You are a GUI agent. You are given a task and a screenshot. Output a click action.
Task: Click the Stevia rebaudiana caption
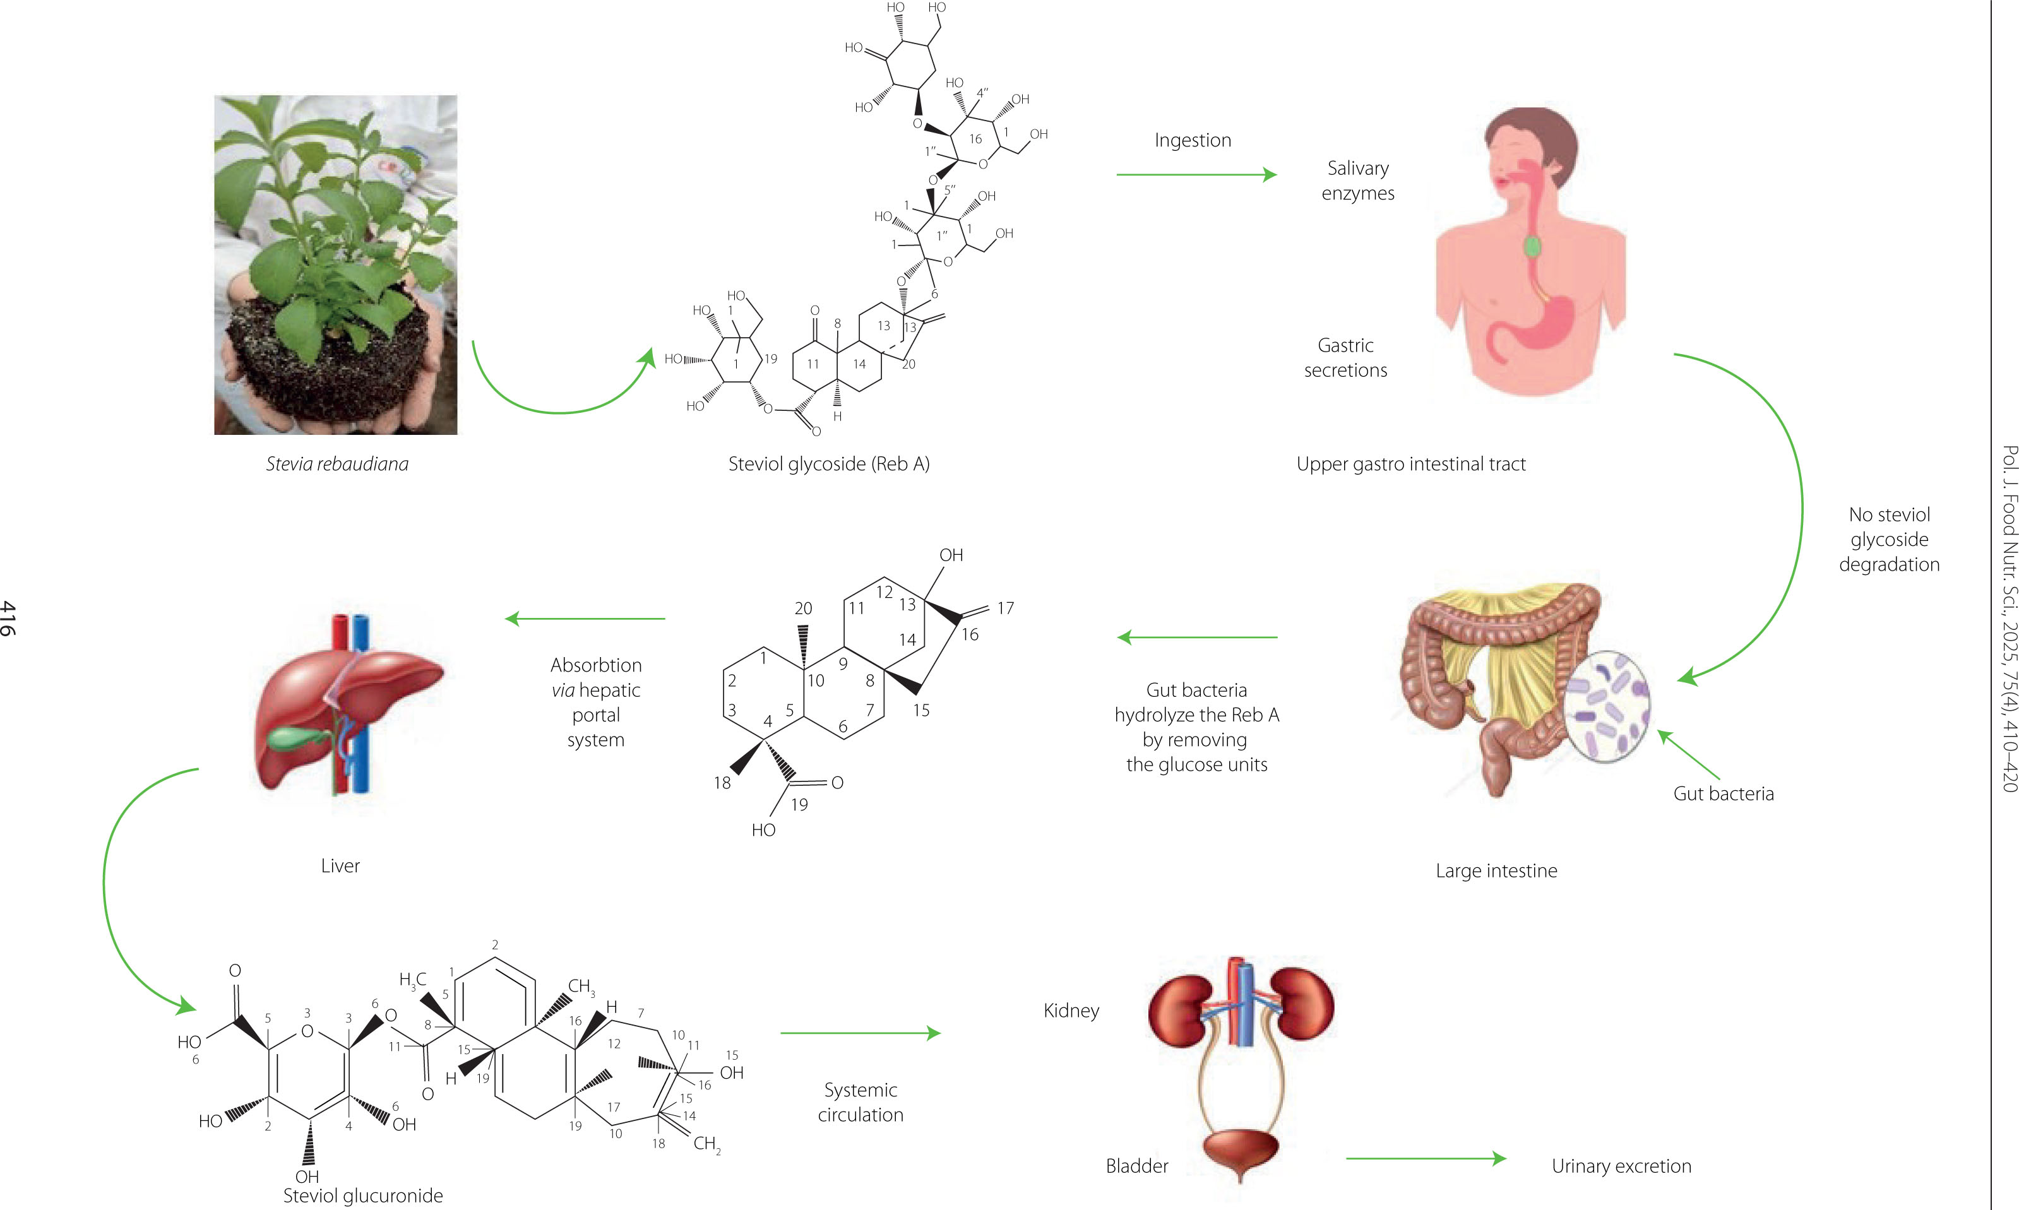pos(336,464)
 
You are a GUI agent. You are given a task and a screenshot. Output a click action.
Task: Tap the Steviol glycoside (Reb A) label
pos(828,464)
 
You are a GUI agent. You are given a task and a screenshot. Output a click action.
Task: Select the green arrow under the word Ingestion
pos(1195,174)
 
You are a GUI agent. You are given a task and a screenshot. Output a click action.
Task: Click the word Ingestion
pos(1192,140)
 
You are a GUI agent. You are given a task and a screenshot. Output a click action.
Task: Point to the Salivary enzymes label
pos(1358,180)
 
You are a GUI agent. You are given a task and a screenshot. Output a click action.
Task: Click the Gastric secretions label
pos(1345,358)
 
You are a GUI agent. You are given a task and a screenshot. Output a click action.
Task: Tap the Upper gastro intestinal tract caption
pos(1410,464)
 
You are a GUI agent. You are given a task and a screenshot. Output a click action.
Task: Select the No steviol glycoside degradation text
pos(1888,539)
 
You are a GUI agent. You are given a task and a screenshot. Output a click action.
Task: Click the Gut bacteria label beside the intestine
pos(1723,793)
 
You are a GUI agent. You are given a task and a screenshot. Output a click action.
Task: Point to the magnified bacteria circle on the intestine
pos(1605,706)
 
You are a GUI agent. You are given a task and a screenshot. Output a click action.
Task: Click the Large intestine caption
pos(1496,871)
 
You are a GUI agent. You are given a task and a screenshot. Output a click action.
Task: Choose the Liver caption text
pos(340,866)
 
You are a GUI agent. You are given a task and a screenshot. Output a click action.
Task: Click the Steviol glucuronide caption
pos(363,1195)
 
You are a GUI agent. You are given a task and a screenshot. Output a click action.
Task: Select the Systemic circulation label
pos(861,1102)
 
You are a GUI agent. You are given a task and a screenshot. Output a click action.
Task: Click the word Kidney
pos(1071,1011)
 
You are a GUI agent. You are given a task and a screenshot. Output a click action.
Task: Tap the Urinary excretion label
pos(1621,1166)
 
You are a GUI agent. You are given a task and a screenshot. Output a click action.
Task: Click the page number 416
pos(8,618)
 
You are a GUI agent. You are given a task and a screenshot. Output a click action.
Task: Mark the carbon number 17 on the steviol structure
pos(1006,608)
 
